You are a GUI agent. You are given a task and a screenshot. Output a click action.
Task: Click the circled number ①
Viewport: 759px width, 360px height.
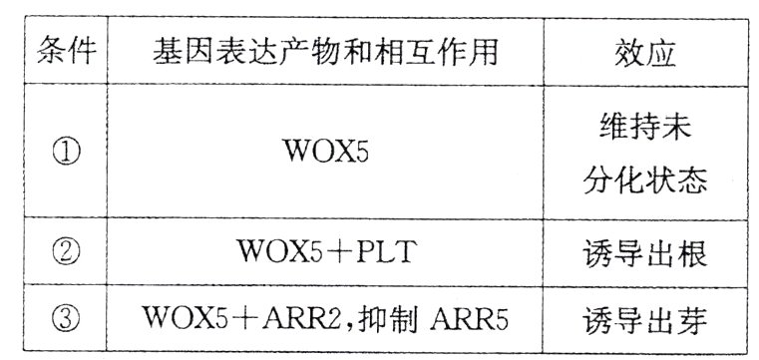65,153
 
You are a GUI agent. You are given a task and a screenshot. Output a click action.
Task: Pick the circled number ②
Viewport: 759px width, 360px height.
65,253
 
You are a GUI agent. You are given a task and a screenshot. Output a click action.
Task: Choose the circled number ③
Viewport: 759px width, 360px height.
65,320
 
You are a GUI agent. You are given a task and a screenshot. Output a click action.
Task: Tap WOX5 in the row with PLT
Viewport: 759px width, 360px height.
282,253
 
